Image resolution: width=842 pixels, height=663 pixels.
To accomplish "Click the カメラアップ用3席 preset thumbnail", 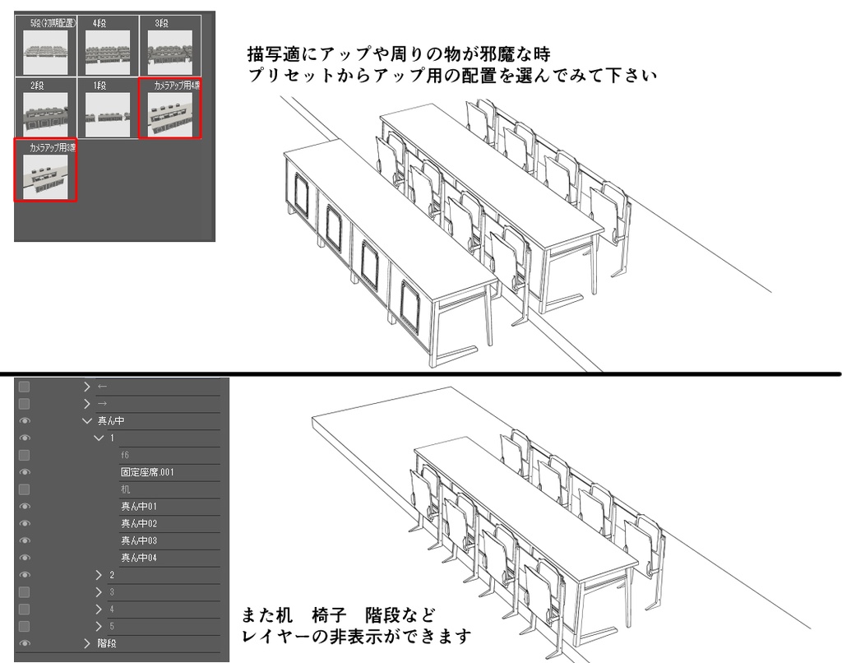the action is coord(46,175).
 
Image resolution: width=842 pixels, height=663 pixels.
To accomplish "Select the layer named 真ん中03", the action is coord(139,540).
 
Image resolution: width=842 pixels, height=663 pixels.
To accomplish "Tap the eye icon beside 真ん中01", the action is coord(25,507).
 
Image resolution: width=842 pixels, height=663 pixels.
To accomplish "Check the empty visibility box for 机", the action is coord(25,489).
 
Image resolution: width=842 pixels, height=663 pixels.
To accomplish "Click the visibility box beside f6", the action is coord(25,455).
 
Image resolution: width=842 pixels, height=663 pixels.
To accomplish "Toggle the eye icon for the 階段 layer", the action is coord(25,643).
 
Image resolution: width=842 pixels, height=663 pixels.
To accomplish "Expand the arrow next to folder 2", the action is coord(99,575).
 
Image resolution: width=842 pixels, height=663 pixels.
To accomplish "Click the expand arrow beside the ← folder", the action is coord(88,387).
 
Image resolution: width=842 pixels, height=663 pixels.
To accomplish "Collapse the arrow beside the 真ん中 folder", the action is coord(88,421).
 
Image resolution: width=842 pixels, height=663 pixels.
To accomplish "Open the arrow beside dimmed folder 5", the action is coord(99,626).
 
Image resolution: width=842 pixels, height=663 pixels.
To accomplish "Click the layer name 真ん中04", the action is coord(139,558).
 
